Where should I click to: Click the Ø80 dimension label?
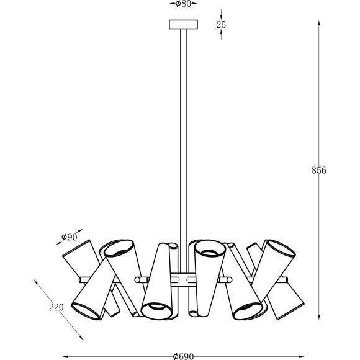pyautogui.click(x=182, y=4)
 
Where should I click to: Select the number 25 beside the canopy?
pyautogui.click(x=222, y=25)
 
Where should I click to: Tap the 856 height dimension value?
pyautogui.click(x=319, y=170)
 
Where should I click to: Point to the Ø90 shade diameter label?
pyautogui.click(x=70, y=236)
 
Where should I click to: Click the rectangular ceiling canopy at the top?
pyautogui.click(x=183, y=25)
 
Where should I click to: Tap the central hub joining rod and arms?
pyautogui.click(x=184, y=279)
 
